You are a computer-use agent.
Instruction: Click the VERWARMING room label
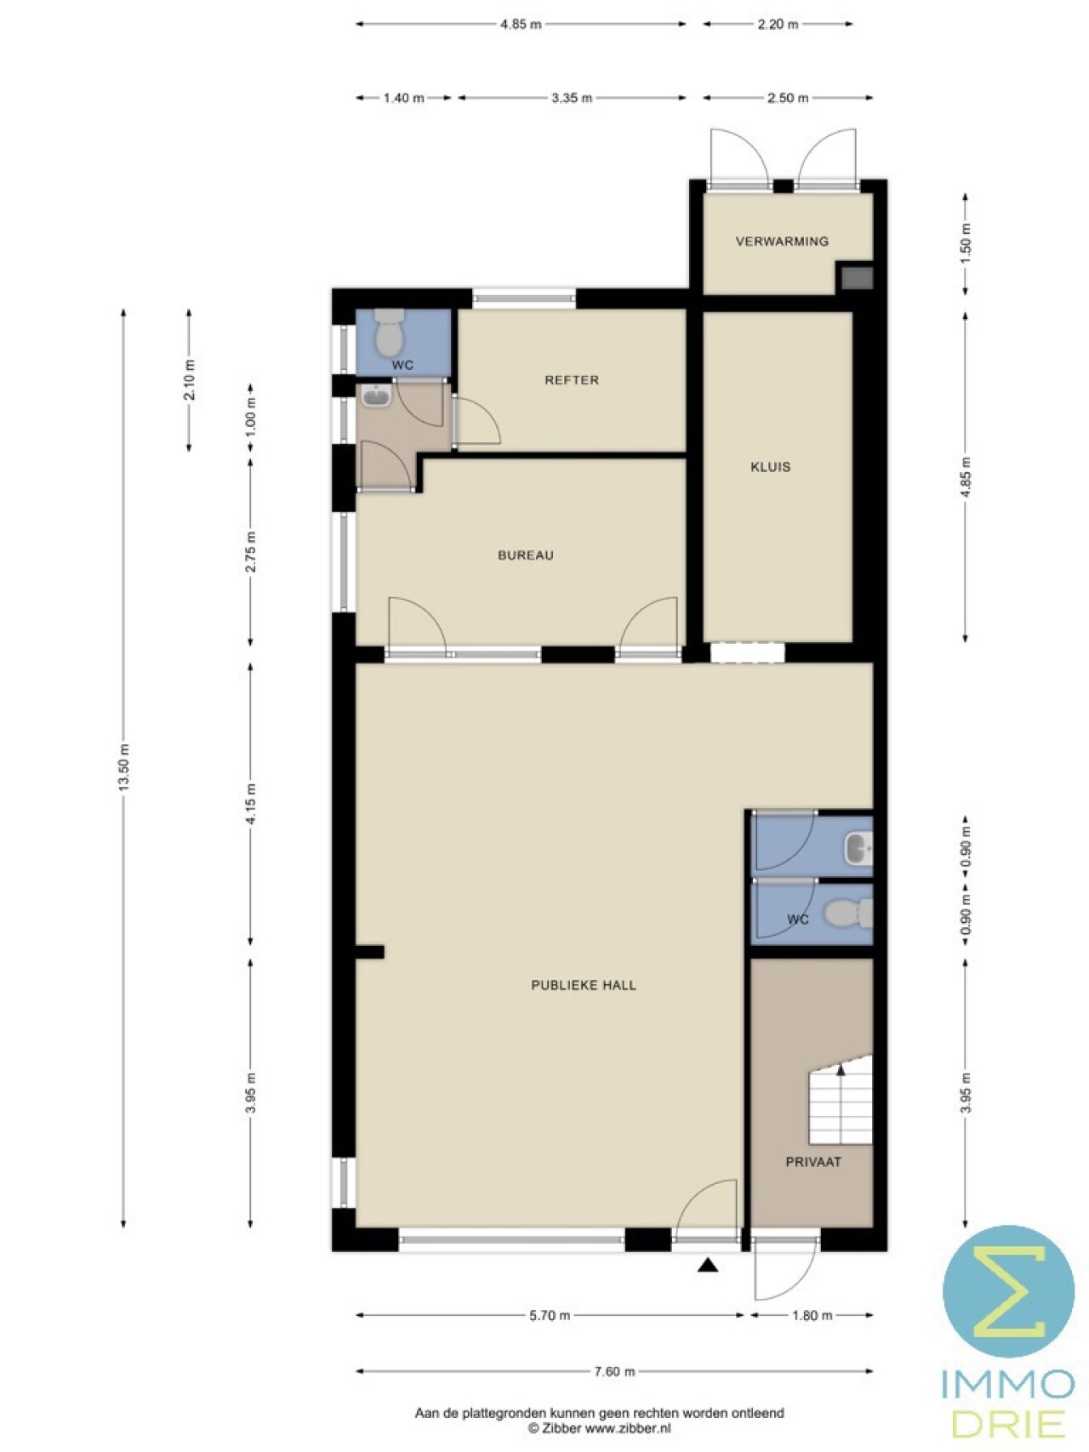(782, 242)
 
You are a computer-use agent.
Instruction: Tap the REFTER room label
(572, 380)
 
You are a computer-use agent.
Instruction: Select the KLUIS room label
(771, 467)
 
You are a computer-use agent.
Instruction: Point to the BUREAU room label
(526, 555)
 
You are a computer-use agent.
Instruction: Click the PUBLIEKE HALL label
(584, 985)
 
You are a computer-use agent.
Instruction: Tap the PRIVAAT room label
(813, 1162)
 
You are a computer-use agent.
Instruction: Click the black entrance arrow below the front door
(708, 1266)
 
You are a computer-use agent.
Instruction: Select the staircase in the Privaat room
(841, 1100)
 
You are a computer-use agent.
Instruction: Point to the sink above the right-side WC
(858, 848)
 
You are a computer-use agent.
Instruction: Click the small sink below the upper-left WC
(374, 396)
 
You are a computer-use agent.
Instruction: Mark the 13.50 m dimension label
(124, 767)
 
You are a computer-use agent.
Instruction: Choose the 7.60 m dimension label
(614, 1371)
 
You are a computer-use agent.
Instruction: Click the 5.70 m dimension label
(550, 1316)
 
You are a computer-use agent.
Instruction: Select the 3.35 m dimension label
(572, 98)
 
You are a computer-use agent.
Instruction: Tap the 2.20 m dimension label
(778, 25)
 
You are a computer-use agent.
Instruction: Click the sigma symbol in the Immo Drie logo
(1009, 1291)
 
